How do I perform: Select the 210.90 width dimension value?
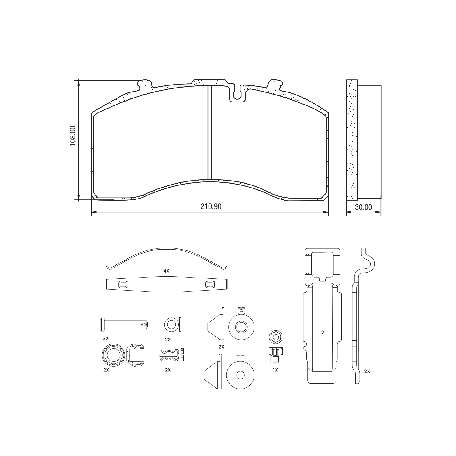point(211,206)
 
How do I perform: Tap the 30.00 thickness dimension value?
point(363,207)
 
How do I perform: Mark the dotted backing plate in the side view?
point(351,140)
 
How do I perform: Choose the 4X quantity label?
point(166,271)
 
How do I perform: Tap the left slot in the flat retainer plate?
point(123,285)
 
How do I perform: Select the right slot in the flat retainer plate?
point(210,285)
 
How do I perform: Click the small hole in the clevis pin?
point(144,324)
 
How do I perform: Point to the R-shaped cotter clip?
point(169,354)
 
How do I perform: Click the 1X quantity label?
point(275,370)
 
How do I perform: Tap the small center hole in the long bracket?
point(322,332)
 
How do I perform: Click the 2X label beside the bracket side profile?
point(367,371)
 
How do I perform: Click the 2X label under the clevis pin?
point(105,338)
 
